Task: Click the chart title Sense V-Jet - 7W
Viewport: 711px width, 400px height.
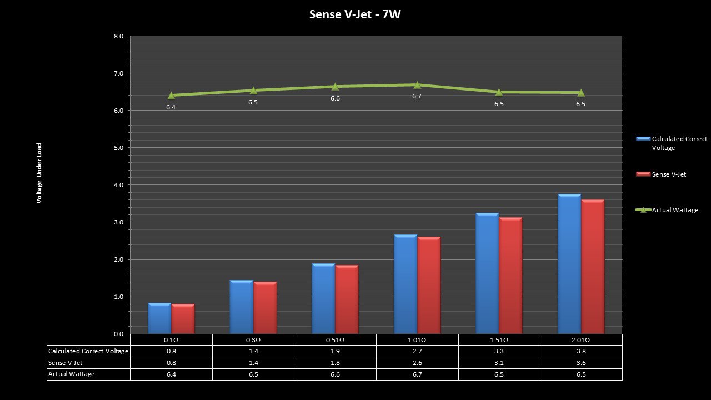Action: [x=355, y=14]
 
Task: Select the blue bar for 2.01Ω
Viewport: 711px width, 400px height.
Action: [x=569, y=264]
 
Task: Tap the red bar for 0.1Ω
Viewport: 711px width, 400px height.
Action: [x=183, y=319]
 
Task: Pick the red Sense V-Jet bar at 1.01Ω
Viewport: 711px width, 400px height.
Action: [x=429, y=285]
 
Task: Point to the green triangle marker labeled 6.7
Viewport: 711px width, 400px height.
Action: [x=417, y=85]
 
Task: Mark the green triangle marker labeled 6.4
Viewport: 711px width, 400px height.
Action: [x=171, y=96]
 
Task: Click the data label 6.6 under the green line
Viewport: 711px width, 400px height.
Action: [x=335, y=98]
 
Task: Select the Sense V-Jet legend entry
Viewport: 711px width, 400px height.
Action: [x=669, y=174]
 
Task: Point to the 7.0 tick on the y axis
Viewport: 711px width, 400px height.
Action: [x=118, y=73]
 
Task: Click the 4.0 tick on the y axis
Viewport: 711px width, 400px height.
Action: [x=118, y=185]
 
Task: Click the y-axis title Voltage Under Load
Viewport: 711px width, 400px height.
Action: [x=39, y=173]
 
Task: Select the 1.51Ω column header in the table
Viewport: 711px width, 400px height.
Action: [x=499, y=340]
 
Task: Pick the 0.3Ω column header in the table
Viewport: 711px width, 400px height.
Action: [x=253, y=340]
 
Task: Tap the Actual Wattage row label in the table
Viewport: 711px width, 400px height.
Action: [x=72, y=374]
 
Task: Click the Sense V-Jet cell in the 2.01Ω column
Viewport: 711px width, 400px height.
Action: [x=581, y=363]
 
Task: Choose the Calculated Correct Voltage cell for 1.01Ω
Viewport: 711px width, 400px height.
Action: [x=417, y=351]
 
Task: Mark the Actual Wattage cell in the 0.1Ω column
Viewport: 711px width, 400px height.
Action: [x=171, y=374]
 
